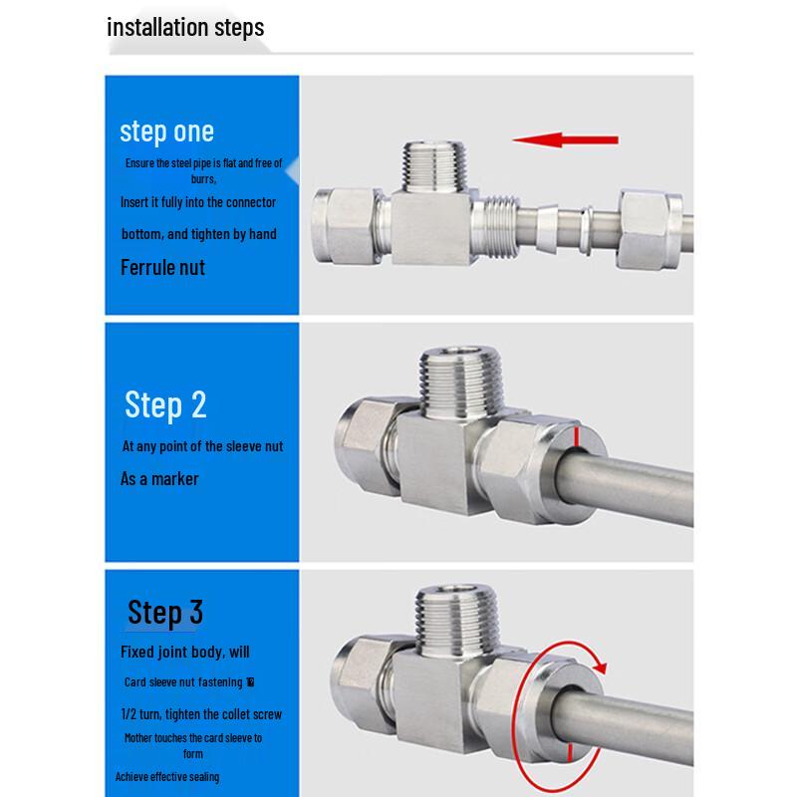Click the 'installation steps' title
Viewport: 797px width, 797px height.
tap(185, 28)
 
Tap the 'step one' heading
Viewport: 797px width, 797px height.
tap(166, 133)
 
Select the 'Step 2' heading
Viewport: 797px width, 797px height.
tap(165, 405)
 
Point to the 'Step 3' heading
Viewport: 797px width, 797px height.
tap(165, 613)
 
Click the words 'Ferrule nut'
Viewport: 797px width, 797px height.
tap(162, 267)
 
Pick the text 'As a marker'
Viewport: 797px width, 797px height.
tap(159, 479)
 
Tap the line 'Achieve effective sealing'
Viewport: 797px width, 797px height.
tap(167, 777)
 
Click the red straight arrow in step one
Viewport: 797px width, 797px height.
tap(565, 139)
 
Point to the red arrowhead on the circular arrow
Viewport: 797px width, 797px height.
tap(601, 666)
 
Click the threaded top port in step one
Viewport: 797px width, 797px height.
tap(433, 166)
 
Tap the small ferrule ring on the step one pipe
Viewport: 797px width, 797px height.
tap(588, 230)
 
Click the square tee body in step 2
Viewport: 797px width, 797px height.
tap(441, 462)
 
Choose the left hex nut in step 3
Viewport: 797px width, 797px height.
tap(363, 682)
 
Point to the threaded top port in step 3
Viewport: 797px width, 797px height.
tap(456, 619)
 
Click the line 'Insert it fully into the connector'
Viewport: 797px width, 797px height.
tap(198, 202)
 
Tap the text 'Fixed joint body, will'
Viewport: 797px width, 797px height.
tap(185, 652)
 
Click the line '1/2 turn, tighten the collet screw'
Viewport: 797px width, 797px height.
tap(201, 714)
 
